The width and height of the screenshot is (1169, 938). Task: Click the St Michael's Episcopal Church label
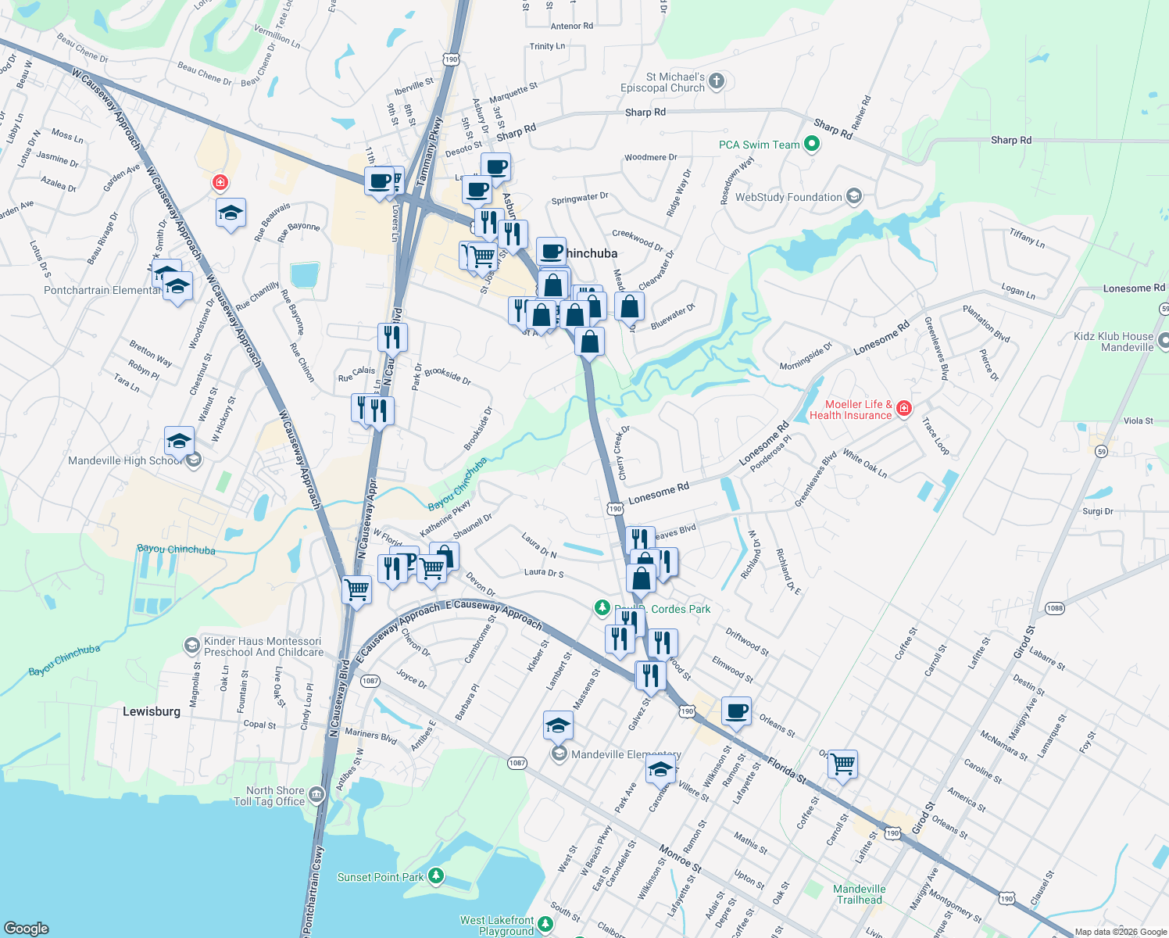663,82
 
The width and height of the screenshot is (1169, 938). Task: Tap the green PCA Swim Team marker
811,144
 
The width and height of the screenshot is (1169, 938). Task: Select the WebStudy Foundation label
788,197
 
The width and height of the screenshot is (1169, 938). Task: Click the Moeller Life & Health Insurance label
851,410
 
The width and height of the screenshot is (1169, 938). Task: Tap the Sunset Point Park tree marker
436,876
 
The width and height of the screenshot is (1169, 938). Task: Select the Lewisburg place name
152,711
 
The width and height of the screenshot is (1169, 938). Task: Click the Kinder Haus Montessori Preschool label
263,646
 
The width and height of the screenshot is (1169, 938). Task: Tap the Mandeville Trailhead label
860,894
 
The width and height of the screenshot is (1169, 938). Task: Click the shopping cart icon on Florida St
842,763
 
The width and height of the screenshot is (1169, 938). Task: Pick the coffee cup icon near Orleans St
736,711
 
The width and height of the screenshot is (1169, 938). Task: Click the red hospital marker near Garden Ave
220,183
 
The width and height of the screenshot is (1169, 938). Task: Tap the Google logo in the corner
27,928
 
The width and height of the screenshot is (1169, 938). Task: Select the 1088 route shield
1055,607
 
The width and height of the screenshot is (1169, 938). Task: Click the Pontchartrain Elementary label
102,290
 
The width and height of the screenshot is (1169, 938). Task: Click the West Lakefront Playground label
497,925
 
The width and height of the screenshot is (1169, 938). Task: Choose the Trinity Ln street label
547,46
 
